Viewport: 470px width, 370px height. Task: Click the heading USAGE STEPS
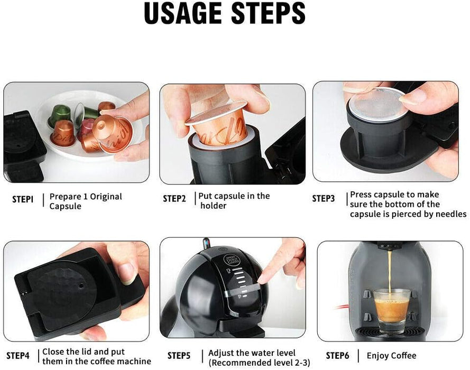[x=225, y=14]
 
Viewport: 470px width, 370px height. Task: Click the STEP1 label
[x=23, y=199]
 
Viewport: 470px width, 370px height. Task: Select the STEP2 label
[x=174, y=199]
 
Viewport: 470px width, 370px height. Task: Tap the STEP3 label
[x=324, y=199]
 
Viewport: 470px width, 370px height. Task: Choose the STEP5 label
[x=179, y=355]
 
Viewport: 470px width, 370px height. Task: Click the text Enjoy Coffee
[x=391, y=355]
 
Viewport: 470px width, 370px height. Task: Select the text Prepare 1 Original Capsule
[x=85, y=201]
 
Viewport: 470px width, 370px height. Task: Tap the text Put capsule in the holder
[x=234, y=200]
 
